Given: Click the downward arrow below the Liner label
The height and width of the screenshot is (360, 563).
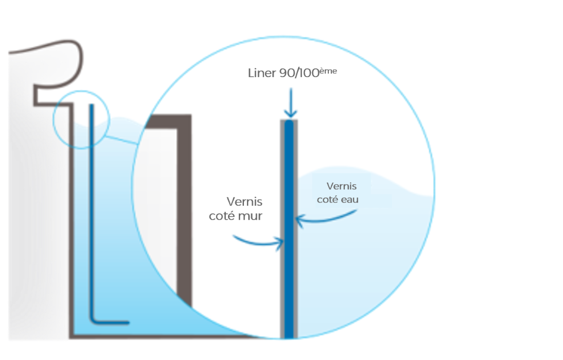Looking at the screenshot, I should [x=291, y=102].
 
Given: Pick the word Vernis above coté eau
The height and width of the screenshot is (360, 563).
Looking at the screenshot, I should [x=342, y=186].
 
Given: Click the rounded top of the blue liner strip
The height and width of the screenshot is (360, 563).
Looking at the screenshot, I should [x=289, y=124].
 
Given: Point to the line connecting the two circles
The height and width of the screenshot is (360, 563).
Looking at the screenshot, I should [x=121, y=139].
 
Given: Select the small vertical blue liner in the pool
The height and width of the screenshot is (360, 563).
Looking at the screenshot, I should [x=91, y=206].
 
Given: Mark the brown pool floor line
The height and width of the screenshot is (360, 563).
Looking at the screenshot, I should [x=154, y=336].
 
